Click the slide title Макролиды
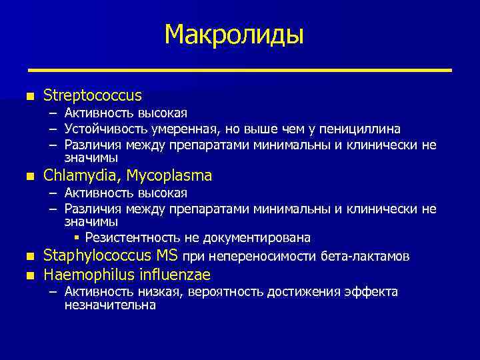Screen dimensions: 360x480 [x=234, y=34]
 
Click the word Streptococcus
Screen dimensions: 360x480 [x=93, y=96]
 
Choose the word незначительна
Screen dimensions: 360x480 [x=109, y=305]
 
